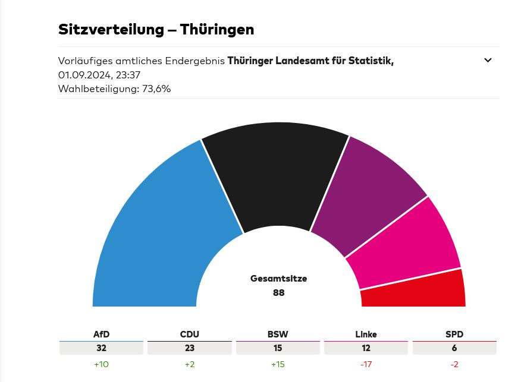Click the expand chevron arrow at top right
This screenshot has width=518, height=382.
click(488, 60)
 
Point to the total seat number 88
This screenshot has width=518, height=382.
click(278, 292)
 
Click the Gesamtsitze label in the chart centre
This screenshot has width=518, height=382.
click(278, 278)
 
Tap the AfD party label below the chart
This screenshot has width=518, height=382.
click(101, 334)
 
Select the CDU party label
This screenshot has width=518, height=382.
click(189, 334)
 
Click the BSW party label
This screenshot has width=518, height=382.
click(278, 334)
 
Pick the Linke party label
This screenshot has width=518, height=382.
click(366, 334)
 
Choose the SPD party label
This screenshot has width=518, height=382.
click(454, 334)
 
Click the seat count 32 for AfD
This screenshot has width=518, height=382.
click(101, 348)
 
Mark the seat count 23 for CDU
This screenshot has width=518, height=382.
click(189, 348)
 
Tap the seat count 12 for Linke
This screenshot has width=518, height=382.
click(366, 348)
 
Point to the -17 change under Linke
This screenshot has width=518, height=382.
click(366, 364)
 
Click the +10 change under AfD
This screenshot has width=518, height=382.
click(101, 364)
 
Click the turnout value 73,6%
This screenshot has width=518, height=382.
click(156, 89)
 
